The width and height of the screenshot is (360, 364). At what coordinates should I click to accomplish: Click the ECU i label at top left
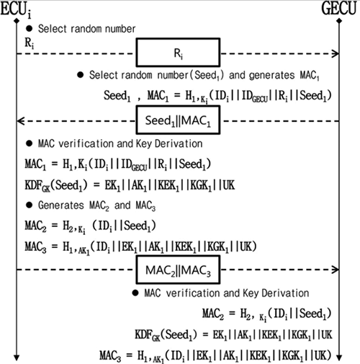pos(16,10)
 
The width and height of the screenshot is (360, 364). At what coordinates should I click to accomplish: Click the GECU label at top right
pos(339,9)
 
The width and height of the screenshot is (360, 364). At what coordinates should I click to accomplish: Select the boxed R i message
pos(178,53)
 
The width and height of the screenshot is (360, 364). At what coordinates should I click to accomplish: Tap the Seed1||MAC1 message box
pos(178,120)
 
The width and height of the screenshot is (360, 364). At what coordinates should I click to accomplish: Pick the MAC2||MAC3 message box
pos(178,270)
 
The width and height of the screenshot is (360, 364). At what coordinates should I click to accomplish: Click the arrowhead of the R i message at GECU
pos(336,53)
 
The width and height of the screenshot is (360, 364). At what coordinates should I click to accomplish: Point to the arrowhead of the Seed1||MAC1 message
pos(20,121)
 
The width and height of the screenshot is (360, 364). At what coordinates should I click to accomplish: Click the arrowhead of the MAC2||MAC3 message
pos(336,270)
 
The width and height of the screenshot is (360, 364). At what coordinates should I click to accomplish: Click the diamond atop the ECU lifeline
pos(17,21)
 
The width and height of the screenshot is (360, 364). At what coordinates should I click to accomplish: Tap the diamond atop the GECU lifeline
pos(339,21)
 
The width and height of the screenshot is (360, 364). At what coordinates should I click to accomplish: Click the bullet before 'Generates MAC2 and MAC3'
pos(29,205)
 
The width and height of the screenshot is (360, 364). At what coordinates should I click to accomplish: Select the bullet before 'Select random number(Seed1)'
pos(80,75)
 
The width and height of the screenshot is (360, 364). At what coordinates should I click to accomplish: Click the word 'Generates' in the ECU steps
pos(61,205)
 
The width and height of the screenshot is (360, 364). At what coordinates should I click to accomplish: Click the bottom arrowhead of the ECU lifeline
pos(17,358)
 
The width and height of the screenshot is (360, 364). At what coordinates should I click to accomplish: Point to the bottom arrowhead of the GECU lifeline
pos(339,358)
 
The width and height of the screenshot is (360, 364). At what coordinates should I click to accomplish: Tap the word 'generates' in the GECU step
pos(271,76)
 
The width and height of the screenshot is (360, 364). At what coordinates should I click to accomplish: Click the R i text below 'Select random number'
pos(30,43)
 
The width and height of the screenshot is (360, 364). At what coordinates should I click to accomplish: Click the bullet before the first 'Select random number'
pos(29,29)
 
